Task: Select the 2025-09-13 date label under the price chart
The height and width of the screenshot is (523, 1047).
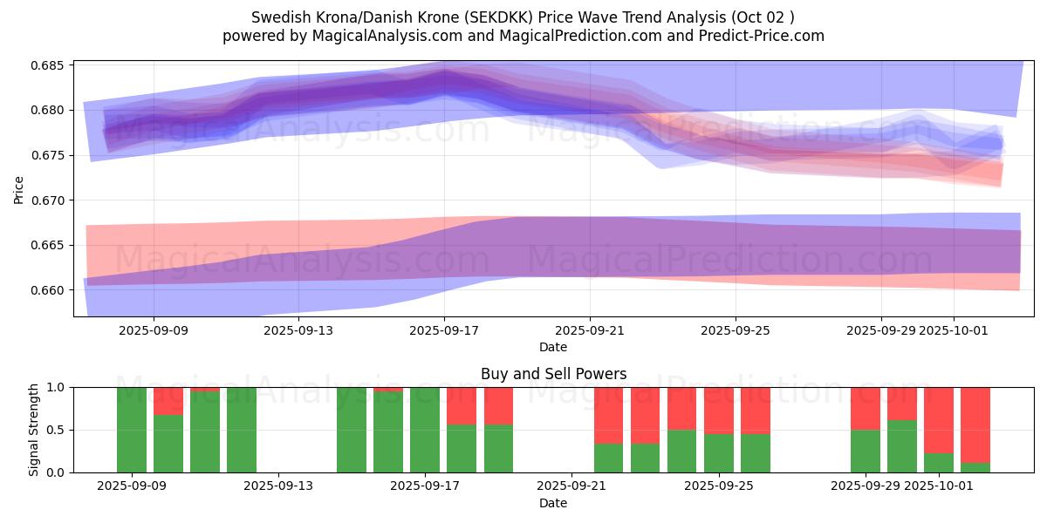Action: click(298, 330)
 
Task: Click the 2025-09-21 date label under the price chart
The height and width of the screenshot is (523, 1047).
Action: click(590, 330)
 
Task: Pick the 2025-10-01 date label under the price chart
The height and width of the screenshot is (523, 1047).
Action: click(953, 330)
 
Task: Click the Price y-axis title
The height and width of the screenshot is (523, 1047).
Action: click(19, 188)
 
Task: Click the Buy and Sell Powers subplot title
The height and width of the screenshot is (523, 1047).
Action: click(553, 374)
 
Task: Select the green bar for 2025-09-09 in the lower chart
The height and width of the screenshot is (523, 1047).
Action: click(132, 430)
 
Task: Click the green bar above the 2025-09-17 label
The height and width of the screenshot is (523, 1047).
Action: click(425, 430)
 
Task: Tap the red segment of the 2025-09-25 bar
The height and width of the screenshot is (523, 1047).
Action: click(719, 411)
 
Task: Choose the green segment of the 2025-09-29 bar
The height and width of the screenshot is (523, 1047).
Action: click(866, 451)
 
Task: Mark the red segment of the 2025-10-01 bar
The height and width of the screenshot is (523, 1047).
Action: click(939, 419)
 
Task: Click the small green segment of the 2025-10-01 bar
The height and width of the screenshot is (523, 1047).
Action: click(939, 463)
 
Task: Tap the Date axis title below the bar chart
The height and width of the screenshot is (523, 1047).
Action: click(553, 503)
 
